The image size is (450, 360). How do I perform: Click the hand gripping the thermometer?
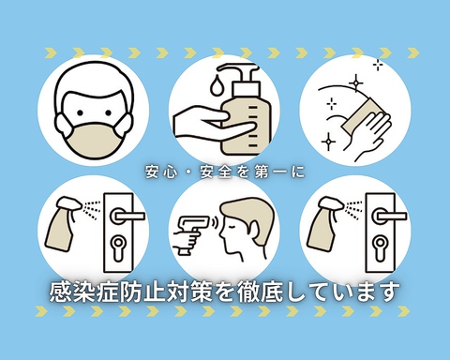click(185, 247)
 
